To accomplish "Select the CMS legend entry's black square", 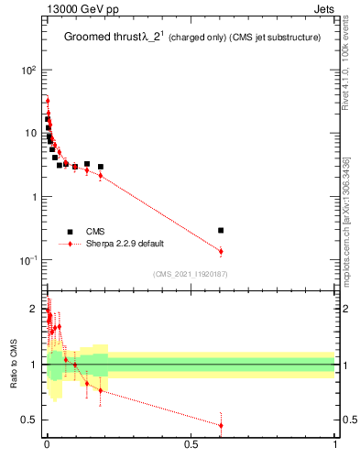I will coord(70,232).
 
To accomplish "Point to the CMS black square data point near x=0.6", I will coord(221,230).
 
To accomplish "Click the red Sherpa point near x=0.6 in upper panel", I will coord(221,251).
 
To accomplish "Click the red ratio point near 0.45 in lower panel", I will coord(221,425).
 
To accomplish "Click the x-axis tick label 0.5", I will coord(191,444).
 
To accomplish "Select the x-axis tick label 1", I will coord(335,444).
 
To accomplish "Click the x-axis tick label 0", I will coord(46,444).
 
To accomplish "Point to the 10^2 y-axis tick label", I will coord(27,70).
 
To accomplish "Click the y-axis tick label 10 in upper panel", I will coord(29,133).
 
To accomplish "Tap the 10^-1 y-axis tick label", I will coord(27,260).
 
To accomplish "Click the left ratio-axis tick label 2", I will coord(34,309).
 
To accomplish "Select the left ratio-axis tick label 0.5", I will coord(29,420).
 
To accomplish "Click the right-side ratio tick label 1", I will coord(344,365).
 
